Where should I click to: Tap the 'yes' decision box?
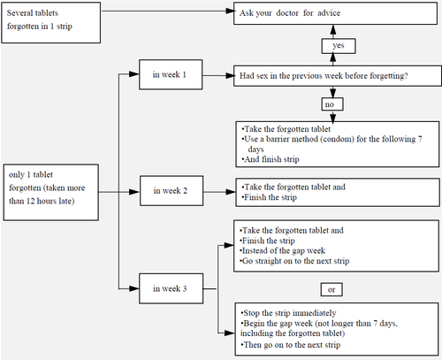pos(339,45)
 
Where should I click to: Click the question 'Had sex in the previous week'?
pos(324,75)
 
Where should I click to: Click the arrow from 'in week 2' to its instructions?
pos(217,189)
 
